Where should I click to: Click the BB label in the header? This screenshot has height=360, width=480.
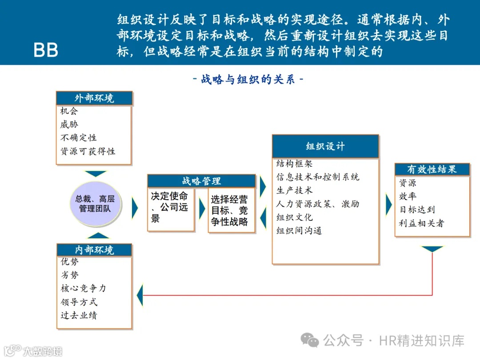[46, 50]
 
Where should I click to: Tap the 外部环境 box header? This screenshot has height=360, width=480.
[94, 98]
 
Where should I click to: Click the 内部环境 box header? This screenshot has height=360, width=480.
[94, 250]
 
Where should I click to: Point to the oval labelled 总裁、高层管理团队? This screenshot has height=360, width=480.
[95, 204]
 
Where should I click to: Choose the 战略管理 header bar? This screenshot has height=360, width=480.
[201, 181]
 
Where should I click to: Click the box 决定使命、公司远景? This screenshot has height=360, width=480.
[171, 207]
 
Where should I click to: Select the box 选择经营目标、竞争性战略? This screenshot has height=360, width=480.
[231, 211]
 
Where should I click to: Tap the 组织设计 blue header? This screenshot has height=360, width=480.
[325, 146]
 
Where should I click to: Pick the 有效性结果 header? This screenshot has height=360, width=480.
[432, 169]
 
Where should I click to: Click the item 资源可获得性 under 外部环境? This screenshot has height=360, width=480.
[88, 152]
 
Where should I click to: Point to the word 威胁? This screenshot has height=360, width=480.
[69, 124]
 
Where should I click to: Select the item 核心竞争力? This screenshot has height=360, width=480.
[84, 288]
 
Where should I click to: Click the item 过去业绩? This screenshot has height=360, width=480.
[79, 316]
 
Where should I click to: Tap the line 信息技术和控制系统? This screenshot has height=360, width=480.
[318, 177]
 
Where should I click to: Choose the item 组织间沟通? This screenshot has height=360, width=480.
[299, 231]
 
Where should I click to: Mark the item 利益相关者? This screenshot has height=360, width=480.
[421, 223]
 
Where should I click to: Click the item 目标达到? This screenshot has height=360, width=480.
[417, 209]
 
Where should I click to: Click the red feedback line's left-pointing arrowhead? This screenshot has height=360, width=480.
[140, 295]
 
